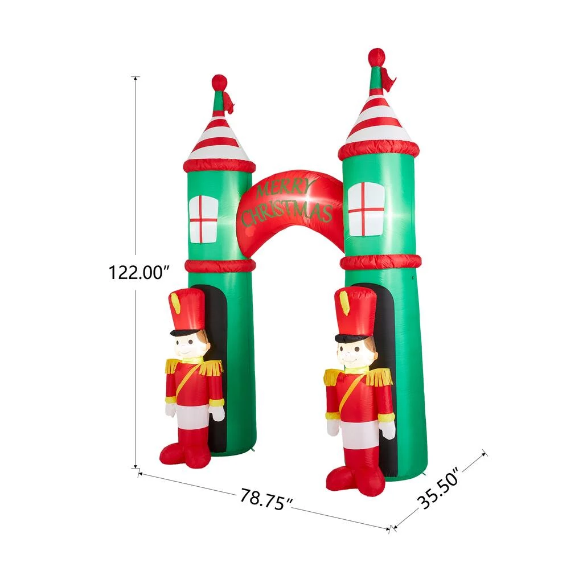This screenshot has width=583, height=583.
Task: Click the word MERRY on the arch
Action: coord(285,188)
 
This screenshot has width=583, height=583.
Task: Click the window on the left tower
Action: coord(203,219)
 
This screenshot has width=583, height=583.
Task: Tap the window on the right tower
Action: coord(366,209)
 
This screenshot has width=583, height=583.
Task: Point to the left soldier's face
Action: coord(192,345)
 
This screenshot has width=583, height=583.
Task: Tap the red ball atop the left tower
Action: coord(219,83)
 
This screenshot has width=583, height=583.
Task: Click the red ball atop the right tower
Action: coord(376,57)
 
